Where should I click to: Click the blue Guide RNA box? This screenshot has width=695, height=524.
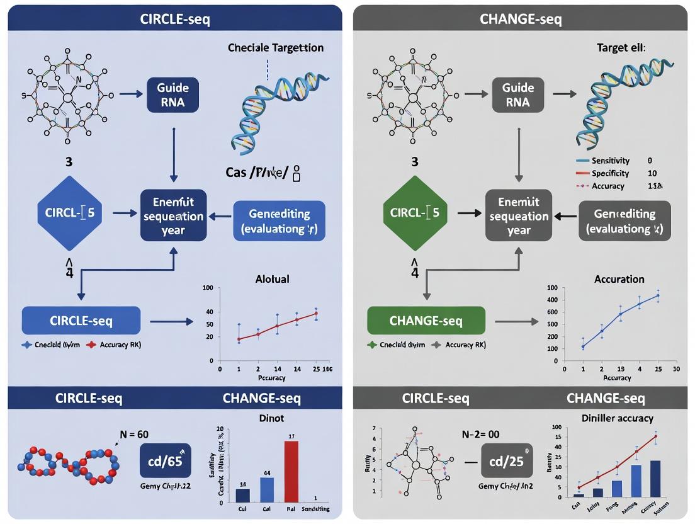[172, 94]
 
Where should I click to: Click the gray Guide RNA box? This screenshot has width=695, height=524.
[517, 94]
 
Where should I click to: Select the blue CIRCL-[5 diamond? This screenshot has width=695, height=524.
[70, 212]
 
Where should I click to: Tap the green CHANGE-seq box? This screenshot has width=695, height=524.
[426, 321]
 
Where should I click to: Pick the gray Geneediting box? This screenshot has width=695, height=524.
[624, 220]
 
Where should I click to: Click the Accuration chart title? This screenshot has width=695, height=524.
[619, 279]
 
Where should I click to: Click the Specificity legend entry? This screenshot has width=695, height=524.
[609, 173]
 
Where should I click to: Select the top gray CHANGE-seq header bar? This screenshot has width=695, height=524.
[521, 19]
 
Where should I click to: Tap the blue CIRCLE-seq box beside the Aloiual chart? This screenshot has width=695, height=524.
[81, 321]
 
